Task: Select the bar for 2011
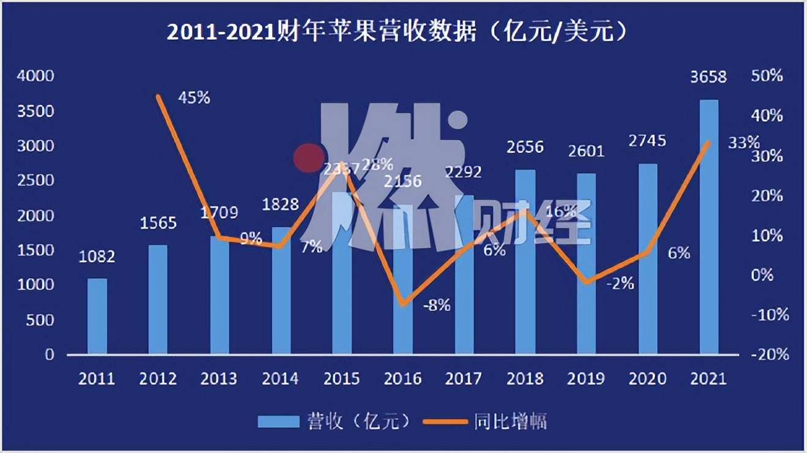(97, 316)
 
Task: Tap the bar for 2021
(709, 226)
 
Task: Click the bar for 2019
(586, 263)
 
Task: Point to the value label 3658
(709, 78)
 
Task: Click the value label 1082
(97, 256)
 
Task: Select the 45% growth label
(194, 97)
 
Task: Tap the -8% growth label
(437, 304)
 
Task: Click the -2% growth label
(620, 283)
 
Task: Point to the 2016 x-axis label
(403, 378)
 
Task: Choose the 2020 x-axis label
(647, 378)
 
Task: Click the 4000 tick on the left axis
(36, 76)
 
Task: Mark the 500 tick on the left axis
(42, 320)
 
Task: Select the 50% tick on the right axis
(768, 76)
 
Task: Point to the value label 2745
(647, 141)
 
